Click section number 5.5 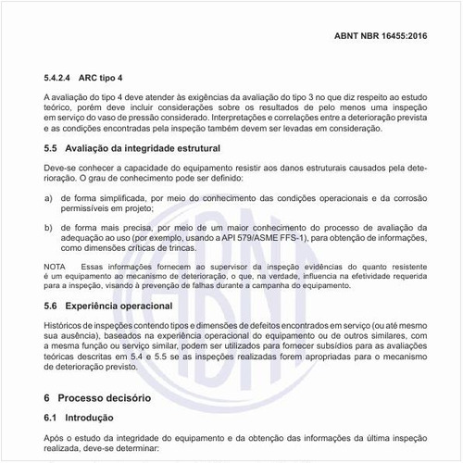[x=53, y=146]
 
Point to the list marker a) [x=48, y=198]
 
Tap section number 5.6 [x=53, y=306]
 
